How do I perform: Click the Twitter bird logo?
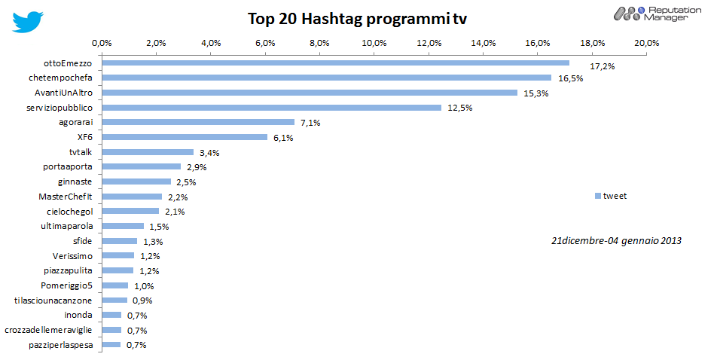pyautogui.click(x=27, y=22)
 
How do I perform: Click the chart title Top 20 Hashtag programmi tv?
pyautogui.click(x=357, y=19)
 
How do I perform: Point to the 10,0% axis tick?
pyautogui.click(x=374, y=43)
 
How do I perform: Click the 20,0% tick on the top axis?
pyautogui.click(x=647, y=43)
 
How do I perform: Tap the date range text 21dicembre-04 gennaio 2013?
pyautogui.click(x=616, y=240)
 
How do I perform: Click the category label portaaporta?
pyautogui.click(x=69, y=167)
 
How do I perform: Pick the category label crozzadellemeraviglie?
pyautogui.click(x=48, y=331)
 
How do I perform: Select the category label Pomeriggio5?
pyautogui.click(x=66, y=285)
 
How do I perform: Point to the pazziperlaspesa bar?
pyautogui.click(x=111, y=345)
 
